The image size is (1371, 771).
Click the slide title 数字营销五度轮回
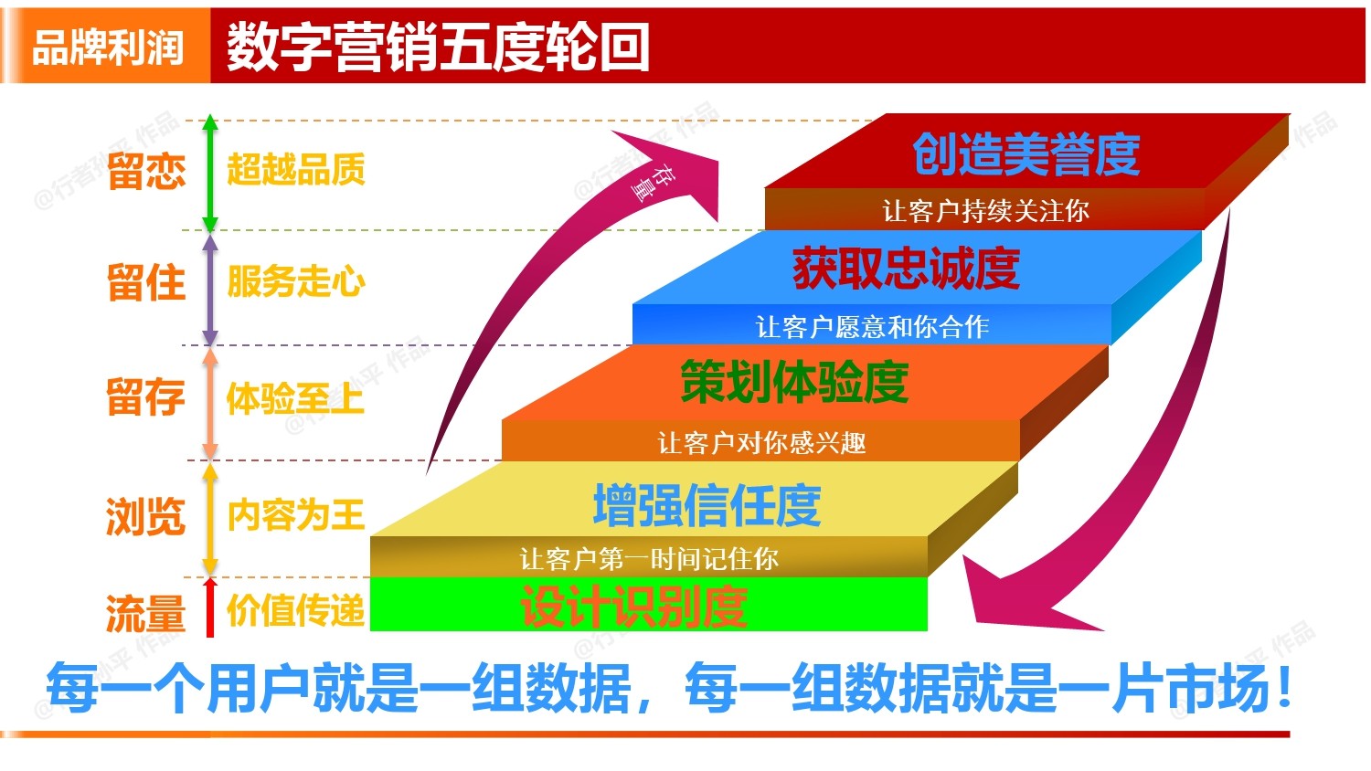438,48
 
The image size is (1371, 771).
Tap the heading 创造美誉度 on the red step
1026,153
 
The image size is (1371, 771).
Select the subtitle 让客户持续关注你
984,211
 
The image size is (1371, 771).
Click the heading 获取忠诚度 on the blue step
905,269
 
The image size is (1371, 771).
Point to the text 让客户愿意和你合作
871,326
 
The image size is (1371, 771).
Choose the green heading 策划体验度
793,382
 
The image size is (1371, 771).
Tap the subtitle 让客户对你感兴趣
760,443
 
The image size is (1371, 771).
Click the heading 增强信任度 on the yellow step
707,505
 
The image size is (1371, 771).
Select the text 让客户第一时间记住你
648,558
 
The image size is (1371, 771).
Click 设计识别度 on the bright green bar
633,607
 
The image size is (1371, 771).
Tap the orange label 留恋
145,171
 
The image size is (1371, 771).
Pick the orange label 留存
145,397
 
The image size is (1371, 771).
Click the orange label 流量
145,613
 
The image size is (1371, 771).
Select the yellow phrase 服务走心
295,281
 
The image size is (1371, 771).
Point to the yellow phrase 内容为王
295,515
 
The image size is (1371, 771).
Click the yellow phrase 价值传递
295,610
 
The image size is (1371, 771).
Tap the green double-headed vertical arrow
210,174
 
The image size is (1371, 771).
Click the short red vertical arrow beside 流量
210,607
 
